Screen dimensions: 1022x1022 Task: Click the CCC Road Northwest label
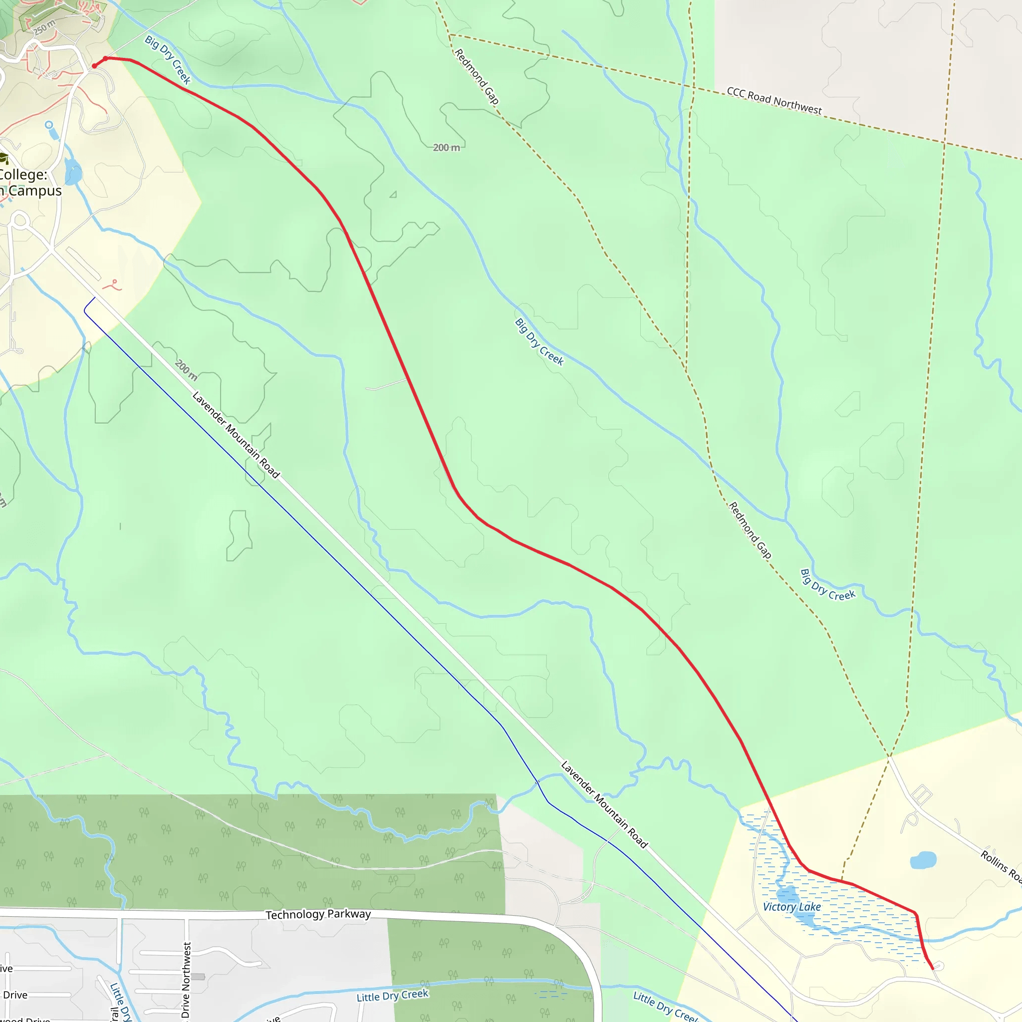(774, 100)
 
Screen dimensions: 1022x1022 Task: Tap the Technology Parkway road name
(318, 914)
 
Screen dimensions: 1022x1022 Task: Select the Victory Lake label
(791, 907)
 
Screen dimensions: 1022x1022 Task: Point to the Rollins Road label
(1001, 866)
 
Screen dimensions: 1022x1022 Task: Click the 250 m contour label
(44, 27)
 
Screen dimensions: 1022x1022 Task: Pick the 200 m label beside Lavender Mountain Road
(186, 370)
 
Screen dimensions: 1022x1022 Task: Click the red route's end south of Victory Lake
(932, 969)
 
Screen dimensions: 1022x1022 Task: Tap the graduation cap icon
(3, 158)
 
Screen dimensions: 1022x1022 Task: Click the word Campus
(35, 191)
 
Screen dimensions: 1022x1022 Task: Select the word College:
(23, 175)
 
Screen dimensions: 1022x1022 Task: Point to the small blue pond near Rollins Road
(923, 860)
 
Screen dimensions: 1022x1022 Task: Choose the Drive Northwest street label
(186, 980)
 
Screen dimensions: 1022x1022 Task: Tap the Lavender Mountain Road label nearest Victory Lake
(604, 804)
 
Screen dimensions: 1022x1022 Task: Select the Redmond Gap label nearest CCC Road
(477, 76)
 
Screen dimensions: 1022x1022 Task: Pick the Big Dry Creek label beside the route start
(168, 59)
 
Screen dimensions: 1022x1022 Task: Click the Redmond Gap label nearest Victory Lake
(750, 530)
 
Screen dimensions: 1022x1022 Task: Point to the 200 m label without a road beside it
(446, 148)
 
